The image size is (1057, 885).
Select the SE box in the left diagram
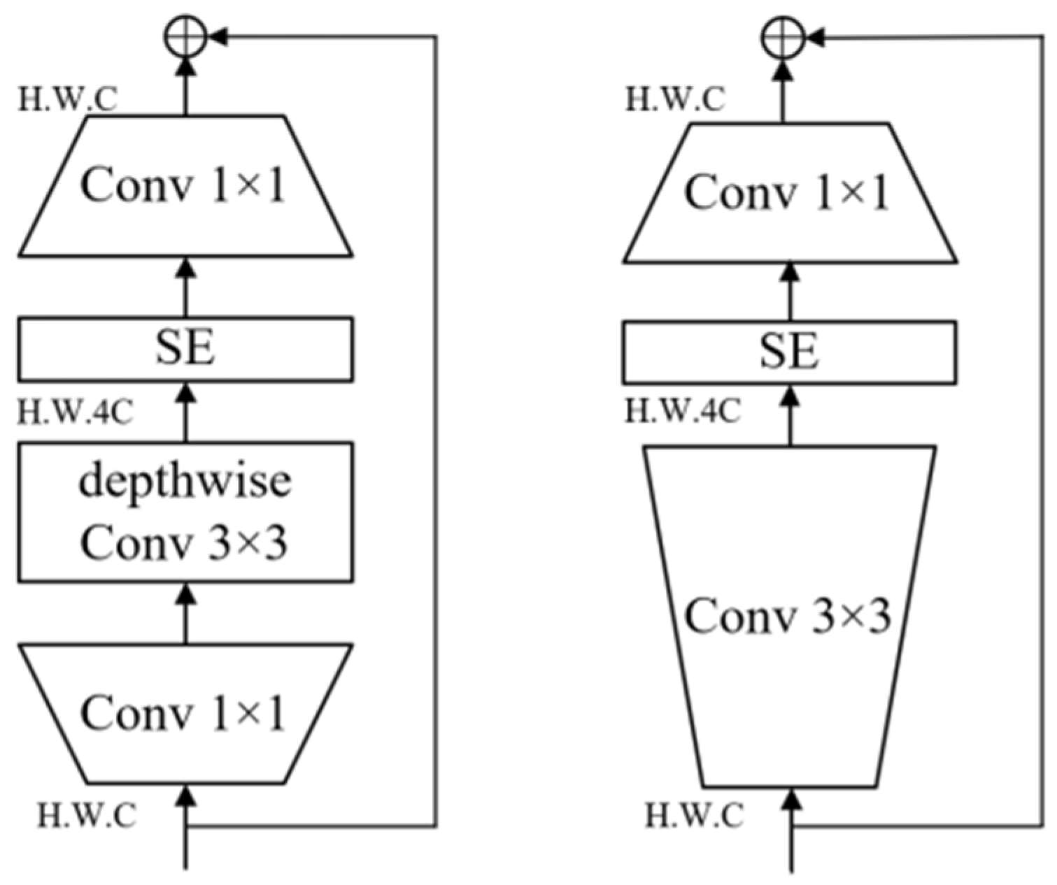point(185,349)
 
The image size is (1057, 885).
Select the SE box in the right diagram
point(789,352)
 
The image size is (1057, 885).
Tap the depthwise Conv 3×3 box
point(185,512)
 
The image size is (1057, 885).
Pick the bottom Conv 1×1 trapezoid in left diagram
point(185,713)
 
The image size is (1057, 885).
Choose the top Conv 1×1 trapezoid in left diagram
point(185,185)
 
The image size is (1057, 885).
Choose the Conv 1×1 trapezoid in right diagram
point(789,192)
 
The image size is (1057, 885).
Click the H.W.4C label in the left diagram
point(75,412)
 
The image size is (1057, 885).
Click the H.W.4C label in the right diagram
point(682,411)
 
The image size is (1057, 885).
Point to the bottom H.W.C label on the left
point(87,815)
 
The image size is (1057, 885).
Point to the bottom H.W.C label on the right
point(694,815)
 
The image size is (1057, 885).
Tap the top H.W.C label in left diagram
point(67,100)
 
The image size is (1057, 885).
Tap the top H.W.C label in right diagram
point(674,100)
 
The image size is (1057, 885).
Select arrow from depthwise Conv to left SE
point(185,412)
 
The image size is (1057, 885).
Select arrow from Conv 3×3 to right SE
point(790,415)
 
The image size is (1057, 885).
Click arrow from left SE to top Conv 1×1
point(185,287)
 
